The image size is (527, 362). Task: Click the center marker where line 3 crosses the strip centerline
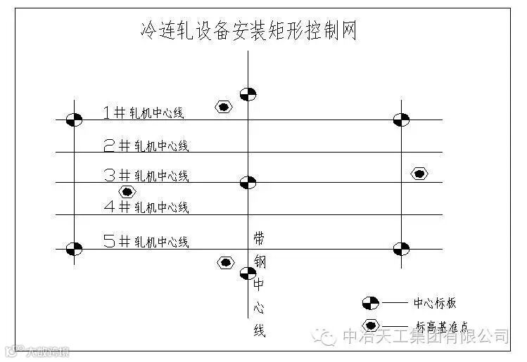(x=248, y=183)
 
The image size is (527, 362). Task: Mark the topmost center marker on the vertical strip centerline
(x=248, y=94)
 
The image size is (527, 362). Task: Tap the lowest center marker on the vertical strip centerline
(x=248, y=273)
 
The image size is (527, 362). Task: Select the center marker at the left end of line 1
(x=74, y=119)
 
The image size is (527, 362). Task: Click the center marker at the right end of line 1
(x=401, y=119)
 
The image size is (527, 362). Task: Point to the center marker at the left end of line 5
(x=74, y=249)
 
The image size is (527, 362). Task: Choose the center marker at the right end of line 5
(x=401, y=249)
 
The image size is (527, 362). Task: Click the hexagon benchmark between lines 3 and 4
(x=127, y=192)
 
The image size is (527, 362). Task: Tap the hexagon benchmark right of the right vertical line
(x=419, y=174)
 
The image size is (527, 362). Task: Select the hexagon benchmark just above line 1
(x=224, y=108)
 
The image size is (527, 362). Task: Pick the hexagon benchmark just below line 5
(x=225, y=263)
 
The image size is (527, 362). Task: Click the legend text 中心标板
(x=435, y=303)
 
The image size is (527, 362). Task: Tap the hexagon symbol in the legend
(x=370, y=325)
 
